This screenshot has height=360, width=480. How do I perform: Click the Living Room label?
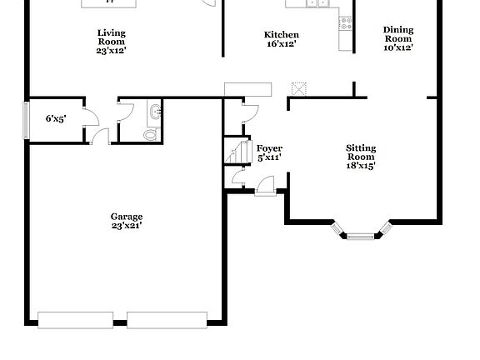pos(112,36)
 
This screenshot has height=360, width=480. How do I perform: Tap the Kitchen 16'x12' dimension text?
pos(281,44)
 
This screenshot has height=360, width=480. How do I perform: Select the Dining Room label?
pos(397,34)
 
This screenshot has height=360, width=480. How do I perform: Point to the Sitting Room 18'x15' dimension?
pos(361,166)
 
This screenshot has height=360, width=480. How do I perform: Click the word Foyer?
pos(268,148)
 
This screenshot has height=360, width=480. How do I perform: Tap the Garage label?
pos(127,217)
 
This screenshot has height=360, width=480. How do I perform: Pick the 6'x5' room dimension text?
pos(57,119)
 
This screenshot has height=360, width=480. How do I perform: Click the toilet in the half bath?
pos(151,133)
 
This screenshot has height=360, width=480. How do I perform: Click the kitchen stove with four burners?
pos(345,24)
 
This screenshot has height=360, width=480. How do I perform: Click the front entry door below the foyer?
pos(265,188)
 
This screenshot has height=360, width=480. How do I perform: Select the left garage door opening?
pos(75,319)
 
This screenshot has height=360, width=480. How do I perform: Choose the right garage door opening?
pos(167,319)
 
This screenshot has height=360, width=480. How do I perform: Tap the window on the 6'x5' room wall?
pos(26,119)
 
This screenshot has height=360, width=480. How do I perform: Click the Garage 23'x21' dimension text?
pos(127,226)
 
